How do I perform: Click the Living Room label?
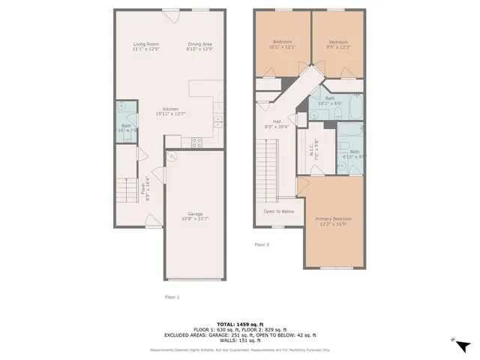pyautogui.click(x=146, y=46)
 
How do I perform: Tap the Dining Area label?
pyautogui.click(x=199, y=46)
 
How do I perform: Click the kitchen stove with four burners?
pyautogui.click(x=197, y=141)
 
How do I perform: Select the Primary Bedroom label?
pyautogui.click(x=333, y=220)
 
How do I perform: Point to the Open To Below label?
pyautogui.click(x=278, y=211)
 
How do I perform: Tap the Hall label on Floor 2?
pyautogui.click(x=277, y=124)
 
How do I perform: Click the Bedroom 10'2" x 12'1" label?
pyautogui.click(x=282, y=44)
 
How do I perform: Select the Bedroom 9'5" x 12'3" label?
pyautogui.click(x=339, y=44)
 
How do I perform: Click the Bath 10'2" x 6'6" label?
pyautogui.click(x=330, y=100)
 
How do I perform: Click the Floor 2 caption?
pyautogui.click(x=261, y=244)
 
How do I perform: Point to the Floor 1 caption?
pyautogui.click(x=172, y=297)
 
